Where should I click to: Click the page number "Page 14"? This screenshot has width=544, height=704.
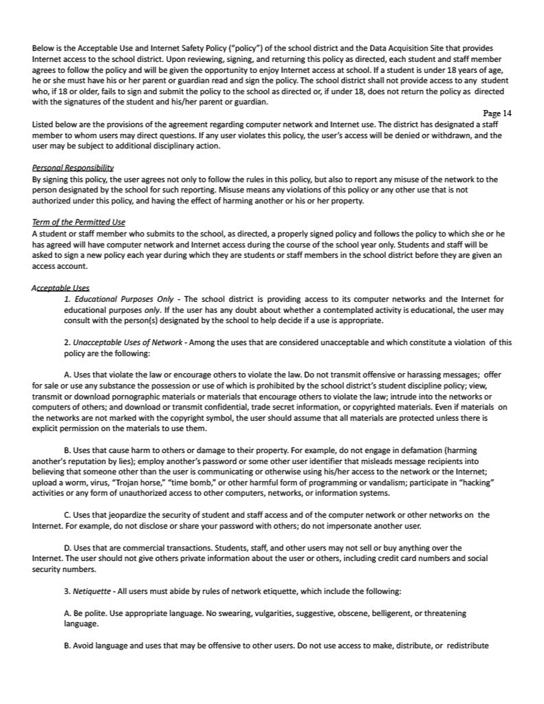497,113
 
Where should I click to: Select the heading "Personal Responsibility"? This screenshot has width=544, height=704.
73,168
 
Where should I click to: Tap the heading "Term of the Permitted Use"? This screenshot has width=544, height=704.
78,222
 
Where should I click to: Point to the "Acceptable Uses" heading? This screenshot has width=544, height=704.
61,288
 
